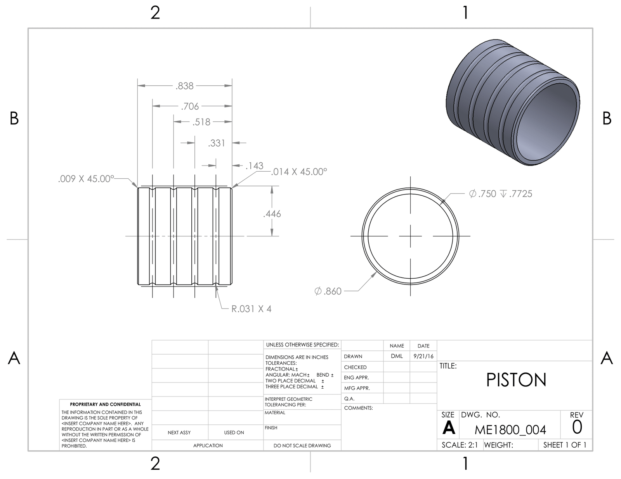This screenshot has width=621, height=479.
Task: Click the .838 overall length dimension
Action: [184, 86]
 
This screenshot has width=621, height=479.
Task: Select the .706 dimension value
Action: [190, 107]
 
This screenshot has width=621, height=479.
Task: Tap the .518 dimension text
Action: [201, 122]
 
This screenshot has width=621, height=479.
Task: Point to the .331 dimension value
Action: [217, 143]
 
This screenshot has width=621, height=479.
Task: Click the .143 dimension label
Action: [254, 166]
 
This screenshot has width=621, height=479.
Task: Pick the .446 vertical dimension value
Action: [272, 214]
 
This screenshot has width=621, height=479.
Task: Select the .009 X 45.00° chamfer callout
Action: [86, 179]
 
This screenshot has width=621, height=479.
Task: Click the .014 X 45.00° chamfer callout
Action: [299, 172]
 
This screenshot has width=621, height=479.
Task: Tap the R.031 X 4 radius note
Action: [251, 309]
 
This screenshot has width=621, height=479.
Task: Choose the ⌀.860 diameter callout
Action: [328, 291]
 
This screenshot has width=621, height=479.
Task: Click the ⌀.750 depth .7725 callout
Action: [500, 194]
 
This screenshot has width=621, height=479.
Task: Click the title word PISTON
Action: [516, 381]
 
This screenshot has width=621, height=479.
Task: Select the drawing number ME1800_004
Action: [510, 430]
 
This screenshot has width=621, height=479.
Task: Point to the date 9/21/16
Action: [423, 356]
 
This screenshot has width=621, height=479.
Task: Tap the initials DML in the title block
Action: [397, 356]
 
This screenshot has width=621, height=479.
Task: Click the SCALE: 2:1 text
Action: [460, 445]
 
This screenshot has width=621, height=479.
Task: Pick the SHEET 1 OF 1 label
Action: [565, 445]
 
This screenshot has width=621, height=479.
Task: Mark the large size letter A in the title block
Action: [449, 428]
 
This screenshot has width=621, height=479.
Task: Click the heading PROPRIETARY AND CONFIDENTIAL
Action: [105, 405]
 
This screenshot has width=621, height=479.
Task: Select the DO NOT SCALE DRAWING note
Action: [302, 446]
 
